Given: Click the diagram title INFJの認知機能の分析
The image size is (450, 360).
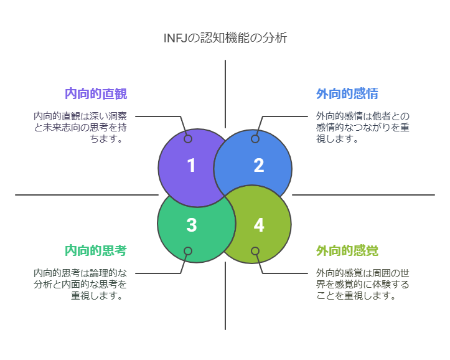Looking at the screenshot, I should pyautogui.click(x=225, y=38).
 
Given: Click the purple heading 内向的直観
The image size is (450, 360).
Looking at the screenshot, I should pyautogui.click(x=96, y=94).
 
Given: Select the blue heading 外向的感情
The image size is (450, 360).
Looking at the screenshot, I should pyautogui.click(x=347, y=94).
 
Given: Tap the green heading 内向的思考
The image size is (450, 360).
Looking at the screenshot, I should pyautogui.click(x=96, y=251).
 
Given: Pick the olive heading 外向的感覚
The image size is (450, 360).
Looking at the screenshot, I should pyautogui.click(x=347, y=251).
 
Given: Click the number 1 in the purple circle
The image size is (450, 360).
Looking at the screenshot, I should pyautogui.click(x=191, y=166).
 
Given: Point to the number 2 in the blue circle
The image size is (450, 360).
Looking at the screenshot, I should pyautogui.click(x=259, y=166).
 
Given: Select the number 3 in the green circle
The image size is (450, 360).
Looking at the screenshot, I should pyautogui.click(x=191, y=225).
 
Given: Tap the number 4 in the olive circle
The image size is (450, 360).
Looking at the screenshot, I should pyautogui.click(x=259, y=225).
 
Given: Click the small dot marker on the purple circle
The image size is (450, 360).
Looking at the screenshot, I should pyautogui.click(x=188, y=139).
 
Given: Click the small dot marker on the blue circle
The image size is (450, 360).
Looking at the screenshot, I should pyautogui.click(x=255, y=139).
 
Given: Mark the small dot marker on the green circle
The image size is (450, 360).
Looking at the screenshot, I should pyautogui.click(x=188, y=251).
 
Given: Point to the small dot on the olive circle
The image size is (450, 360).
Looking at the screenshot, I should pyautogui.click(x=255, y=251).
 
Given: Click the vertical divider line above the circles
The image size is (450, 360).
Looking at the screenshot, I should pyautogui.click(x=225, y=93).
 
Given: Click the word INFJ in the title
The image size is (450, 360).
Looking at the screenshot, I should pyautogui.click(x=176, y=38).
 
